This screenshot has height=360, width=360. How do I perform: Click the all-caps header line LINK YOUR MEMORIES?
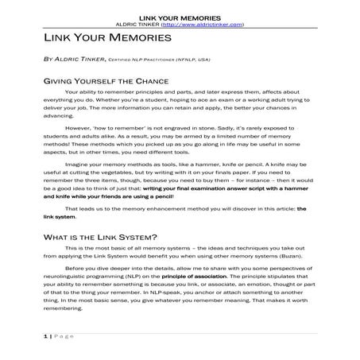(180, 17)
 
